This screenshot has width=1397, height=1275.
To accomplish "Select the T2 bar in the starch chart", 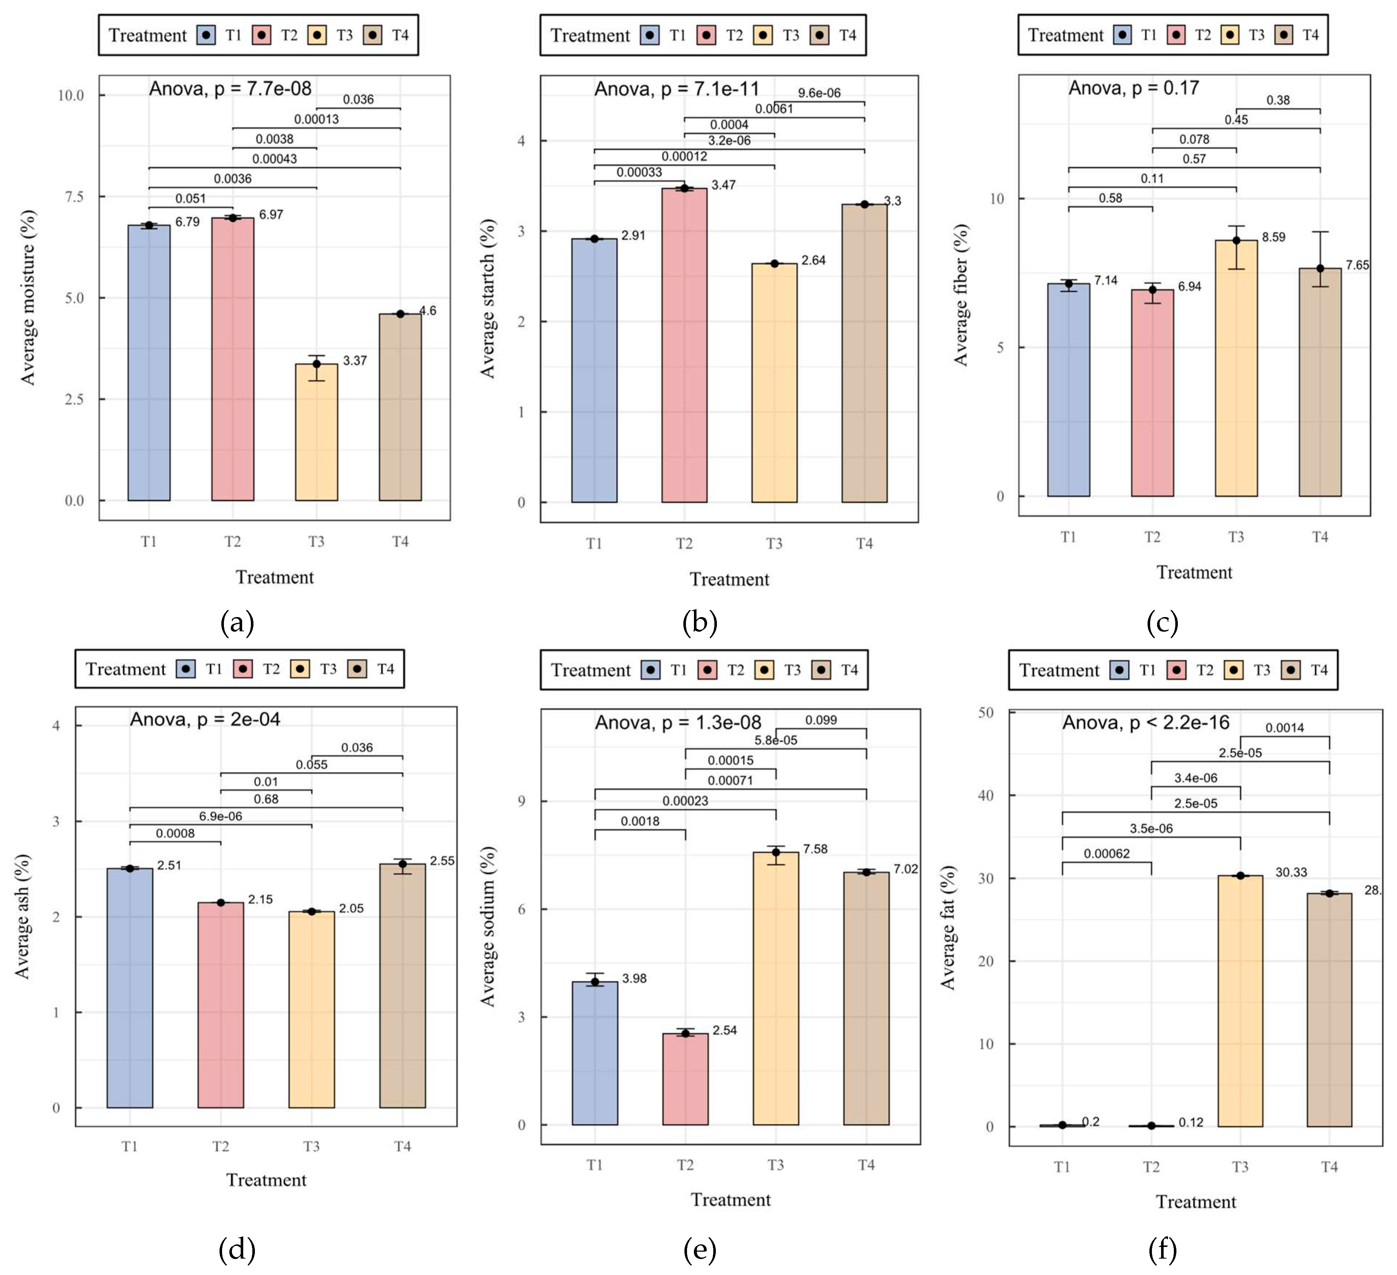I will (684, 346).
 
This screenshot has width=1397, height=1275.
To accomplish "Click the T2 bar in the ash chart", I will (220, 1004).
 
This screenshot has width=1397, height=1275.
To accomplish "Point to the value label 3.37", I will (355, 361).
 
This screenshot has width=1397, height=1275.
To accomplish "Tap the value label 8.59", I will (1273, 237).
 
